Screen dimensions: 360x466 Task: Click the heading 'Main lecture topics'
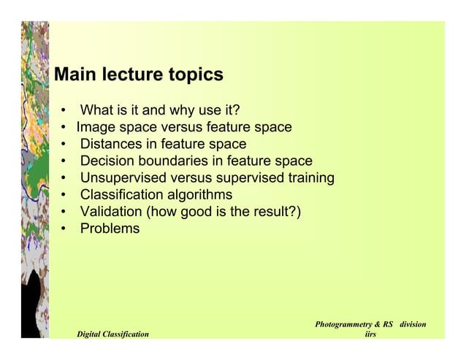139,75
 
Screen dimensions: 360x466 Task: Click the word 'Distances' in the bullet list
112,144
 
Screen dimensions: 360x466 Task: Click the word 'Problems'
110,229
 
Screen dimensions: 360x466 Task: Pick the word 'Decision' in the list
107,161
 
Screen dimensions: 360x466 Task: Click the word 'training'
310,177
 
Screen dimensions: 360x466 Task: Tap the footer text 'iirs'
370,334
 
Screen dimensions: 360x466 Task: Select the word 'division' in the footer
412,323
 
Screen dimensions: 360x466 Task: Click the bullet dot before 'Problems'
66,229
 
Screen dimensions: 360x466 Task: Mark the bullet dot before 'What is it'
66,111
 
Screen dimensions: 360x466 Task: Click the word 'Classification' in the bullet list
122,194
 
